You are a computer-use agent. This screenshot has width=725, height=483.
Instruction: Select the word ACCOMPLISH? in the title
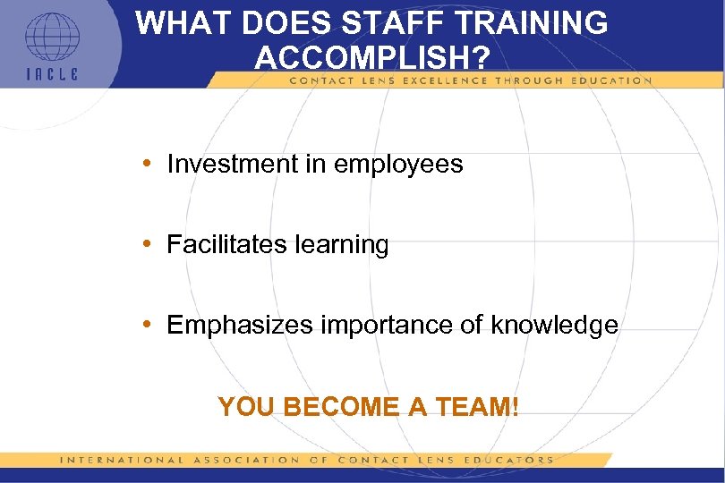point(371,58)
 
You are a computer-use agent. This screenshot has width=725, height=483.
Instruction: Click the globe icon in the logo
point(51,37)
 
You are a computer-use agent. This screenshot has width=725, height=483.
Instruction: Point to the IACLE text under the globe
point(51,74)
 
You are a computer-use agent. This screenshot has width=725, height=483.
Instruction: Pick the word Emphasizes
point(236,326)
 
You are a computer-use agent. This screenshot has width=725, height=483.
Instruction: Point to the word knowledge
point(554,326)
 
